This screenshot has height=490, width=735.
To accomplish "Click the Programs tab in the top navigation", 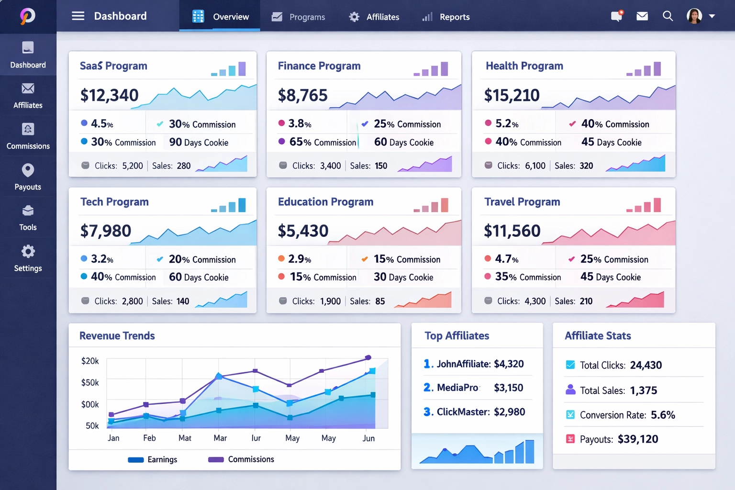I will [x=299, y=17].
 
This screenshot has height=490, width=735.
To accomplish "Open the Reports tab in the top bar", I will [x=446, y=17].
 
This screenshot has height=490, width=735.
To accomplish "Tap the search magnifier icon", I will [x=668, y=16].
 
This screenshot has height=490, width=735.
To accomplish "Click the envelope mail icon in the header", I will [x=642, y=16].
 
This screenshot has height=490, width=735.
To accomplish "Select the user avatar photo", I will [x=694, y=16].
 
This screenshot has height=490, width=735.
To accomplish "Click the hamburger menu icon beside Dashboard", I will [x=78, y=16].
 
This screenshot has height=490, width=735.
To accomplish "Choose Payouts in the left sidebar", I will [x=28, y=177].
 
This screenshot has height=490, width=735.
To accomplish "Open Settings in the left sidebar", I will [x=28, y=258].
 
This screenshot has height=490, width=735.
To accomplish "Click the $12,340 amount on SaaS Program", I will [x=110, y=95].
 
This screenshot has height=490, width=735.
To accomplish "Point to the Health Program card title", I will [x=524, y=66].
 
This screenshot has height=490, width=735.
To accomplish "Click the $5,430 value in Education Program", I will [x=303, y=231].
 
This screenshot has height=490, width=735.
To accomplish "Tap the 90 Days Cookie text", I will [x=199, y=143].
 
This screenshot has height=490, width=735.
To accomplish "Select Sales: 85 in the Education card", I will [x=367, y=301].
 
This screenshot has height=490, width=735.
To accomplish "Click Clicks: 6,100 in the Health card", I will [x=521, y=166].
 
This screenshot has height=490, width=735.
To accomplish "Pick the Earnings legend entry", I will [x=153, y=459].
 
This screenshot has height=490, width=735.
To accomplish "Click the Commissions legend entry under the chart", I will [x=242, y=459].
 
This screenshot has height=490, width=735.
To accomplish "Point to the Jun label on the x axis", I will [x=368, y=438].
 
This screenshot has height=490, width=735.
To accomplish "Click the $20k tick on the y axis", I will [x=90, y=361].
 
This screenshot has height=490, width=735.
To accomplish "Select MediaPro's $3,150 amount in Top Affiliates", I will [x=508, y=388].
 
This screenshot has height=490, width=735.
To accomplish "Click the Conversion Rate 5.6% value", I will [x=663, y=415].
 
